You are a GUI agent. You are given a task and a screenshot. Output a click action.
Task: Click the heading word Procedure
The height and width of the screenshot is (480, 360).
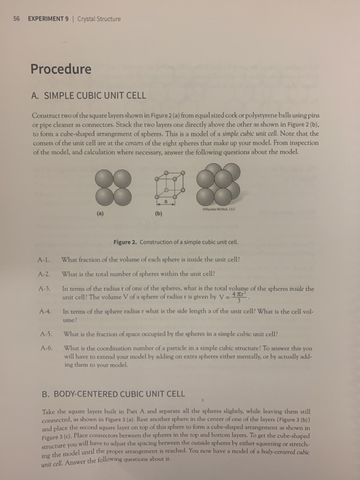coord(60,69)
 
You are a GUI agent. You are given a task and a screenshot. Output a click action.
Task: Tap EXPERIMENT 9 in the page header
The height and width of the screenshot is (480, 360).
coord(47,19)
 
